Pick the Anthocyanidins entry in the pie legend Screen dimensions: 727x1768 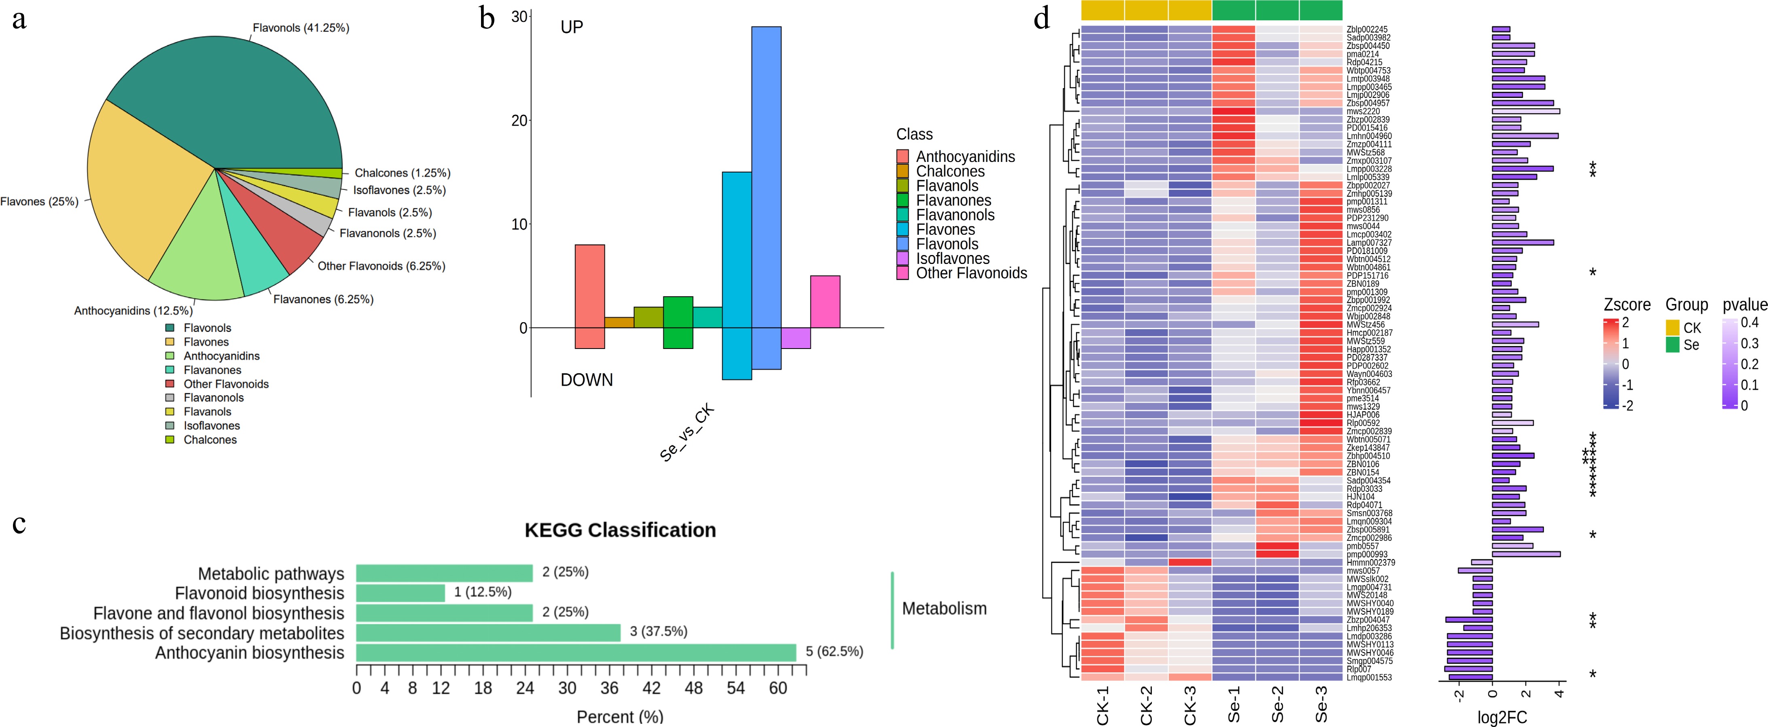[x=221, y=355]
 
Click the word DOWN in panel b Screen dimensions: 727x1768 [x=586, y=380]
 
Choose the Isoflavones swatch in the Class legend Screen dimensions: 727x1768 [x=903, y=259]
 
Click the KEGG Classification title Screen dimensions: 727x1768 [x=620, y=530]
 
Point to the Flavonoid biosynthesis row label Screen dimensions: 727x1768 [x=259, y=593]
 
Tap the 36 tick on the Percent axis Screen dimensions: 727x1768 [x=609, y=688]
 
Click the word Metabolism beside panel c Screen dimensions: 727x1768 [x=944, y=608]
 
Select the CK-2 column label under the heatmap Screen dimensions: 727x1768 [x=1146, y=705]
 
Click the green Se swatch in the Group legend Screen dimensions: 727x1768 [x=1673, y=344]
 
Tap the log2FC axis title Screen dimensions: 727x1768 [x=1502, y=717]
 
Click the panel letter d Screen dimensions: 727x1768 [x=1042, y=19]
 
